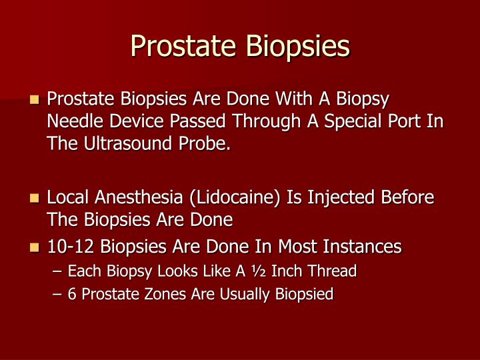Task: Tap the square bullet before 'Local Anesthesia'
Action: tap(35, 199)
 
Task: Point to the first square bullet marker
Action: tap(35, 101)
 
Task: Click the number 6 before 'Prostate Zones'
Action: tap(72, 294)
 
